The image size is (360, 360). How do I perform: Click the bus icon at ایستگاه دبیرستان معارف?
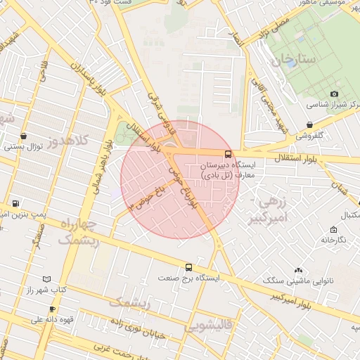(x=228, y=154)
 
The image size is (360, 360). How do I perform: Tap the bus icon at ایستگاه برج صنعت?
(x=188, y=267)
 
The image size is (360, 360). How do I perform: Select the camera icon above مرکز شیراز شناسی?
(x=334, y=94)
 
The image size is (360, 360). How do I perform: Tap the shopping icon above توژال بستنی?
(x=24, y=136)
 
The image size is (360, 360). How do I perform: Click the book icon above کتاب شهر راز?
(x=47, y=279)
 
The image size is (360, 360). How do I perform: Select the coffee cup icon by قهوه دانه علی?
(x=52, y=309)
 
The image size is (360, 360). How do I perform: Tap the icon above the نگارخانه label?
(x=333, y=229)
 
